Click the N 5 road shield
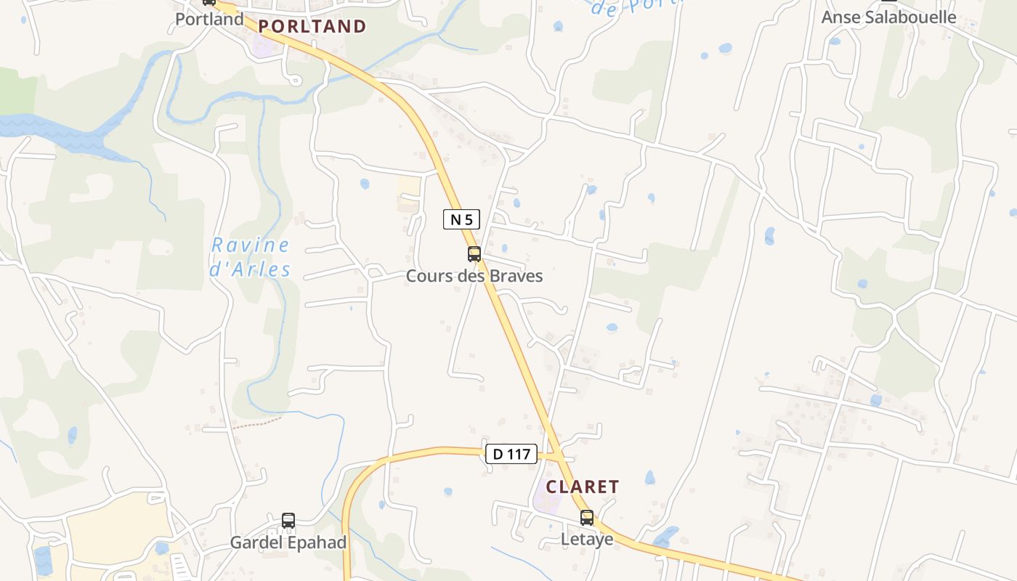pyautogui.click(x=462, y=219)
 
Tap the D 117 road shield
pyautogui.click(x=511, y=454)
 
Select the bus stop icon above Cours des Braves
pyautogui.click(x=474, y=254)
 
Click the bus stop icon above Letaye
pyautogui.click(x=587, y=518)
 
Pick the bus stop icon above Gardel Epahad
pyautogui.click(x=288, y=521)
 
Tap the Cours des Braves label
pyautogui.click(x=474, y=276)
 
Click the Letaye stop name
pyautogui.click(x=587, y=540)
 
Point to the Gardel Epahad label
pyautogui.click(x=288, y=543)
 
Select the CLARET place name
pyautogui.click(x=583, y=487)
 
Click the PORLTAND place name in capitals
pyautogui.click(x=312, y=27)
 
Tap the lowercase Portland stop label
pyautogui.click(x=209, y=19)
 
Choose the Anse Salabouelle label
pyautogui.click(x=888, y=17)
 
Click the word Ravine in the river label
pyautogui.click(x=251, y=245)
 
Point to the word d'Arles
pyautogui.click(x=251, y=270)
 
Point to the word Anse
pyautogui.click(x=840, y=17)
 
